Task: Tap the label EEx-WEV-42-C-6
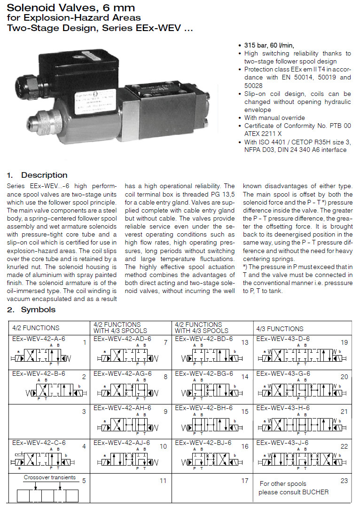(39, 443)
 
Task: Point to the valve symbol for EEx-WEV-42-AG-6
(127, 390)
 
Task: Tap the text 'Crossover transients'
(50, 478)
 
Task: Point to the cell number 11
(163, 481)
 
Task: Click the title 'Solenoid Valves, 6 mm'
(70, 8)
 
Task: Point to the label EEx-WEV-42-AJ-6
(122, 443)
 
